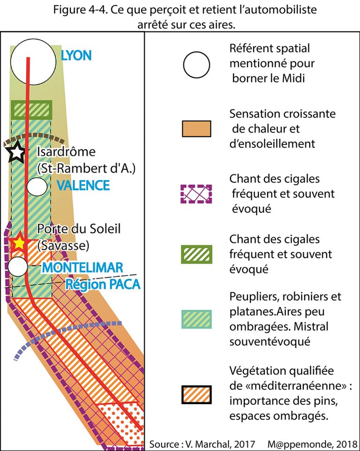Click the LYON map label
click(76, 56)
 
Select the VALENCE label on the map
click(83, 185)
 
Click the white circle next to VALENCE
click(37, 186)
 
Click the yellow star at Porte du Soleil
click(19, 243)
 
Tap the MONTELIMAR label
click(82, 268)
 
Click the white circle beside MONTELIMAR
click(18, 266)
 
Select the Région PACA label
click(103, 284)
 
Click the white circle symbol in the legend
click(196, 64)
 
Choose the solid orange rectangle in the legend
click(196, 128)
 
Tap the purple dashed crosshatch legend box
click(196, 193)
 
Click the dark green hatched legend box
click(196, 254)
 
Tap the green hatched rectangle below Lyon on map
click(31, 110)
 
